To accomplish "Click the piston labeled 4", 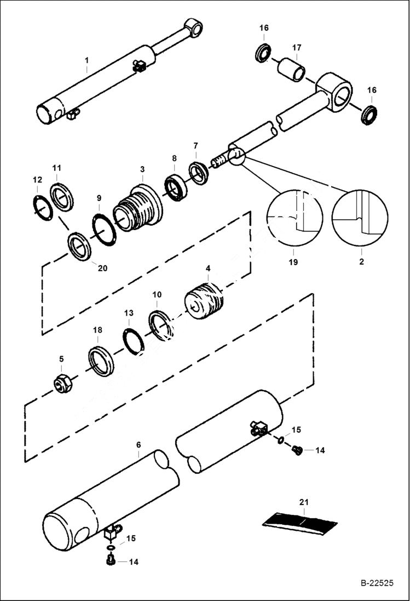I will coord(204,301).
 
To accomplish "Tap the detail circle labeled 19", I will coord(294,217).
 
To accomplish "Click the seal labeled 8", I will coord(176,186).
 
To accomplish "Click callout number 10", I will coord(157,294).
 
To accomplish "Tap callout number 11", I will coord(57,167).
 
